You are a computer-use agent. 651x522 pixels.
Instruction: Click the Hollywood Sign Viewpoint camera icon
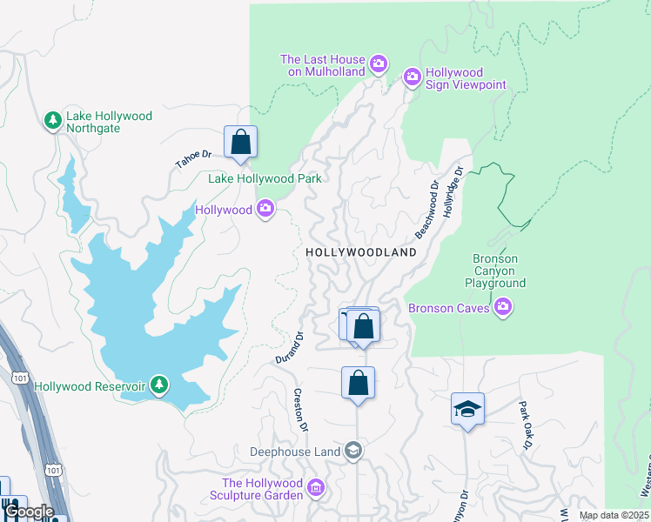tap(413, 78)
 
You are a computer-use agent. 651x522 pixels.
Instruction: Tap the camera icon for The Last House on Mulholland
tap(379, 64)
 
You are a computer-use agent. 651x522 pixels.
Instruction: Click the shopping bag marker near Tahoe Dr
tap(240, 143)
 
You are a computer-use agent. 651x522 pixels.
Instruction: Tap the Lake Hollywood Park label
tap(265, 178)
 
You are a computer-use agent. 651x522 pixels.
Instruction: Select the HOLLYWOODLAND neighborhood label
tap(361, 251)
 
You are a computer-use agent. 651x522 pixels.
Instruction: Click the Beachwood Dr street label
tap(426, 211)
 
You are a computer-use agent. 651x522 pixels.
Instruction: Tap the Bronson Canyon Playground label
tap(494, 271)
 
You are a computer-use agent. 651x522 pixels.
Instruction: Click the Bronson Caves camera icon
tap(503, 307)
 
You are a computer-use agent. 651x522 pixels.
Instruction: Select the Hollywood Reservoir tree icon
tap(158, 385)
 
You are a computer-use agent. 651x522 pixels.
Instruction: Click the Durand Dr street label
tap(289, 348)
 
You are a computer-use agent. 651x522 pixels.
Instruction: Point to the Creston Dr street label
tap(300, 410)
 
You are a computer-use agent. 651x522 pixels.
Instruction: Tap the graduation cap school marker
tap(467, 408)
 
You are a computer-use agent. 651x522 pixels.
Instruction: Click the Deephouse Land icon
tap(352, 451)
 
